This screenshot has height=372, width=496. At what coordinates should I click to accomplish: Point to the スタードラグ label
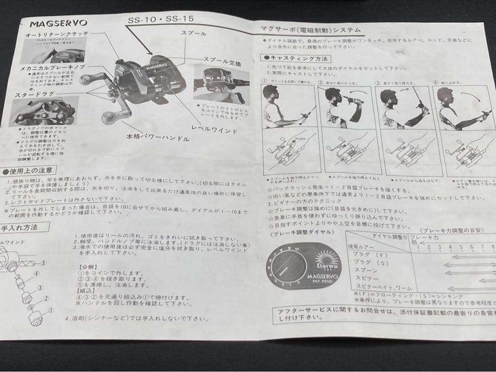pyautogui.click(x=28, y=94)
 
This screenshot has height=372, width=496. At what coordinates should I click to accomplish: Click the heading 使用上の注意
pyautogui.click(x=29, y=171)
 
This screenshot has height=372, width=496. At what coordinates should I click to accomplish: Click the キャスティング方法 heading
pyautogui.click(x=296, y=58)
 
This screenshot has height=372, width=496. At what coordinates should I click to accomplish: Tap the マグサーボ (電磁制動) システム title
pyautogui.click(x=310, y=30)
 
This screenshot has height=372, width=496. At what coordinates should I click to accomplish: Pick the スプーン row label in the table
pyautogui.click(x=365, y=270)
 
